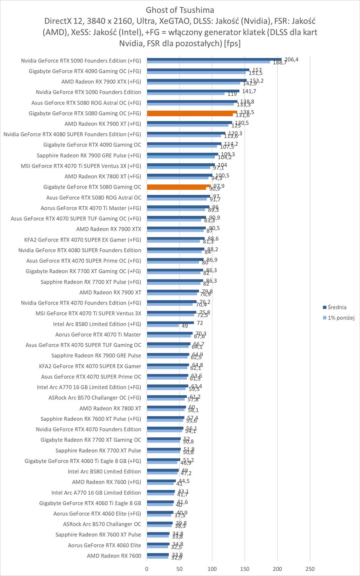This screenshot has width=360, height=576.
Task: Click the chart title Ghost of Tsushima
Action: [180, 10]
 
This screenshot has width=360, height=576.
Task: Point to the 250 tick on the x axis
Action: [310, 569]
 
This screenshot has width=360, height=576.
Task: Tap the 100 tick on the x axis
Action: [212, 569]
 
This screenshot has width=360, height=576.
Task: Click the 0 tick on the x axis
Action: [147, 569]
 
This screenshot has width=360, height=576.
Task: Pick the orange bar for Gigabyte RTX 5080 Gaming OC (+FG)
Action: [192, 113]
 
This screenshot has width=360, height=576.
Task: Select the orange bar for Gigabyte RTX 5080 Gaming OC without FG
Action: [178, 187]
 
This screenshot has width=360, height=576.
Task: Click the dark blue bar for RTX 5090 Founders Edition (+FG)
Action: [214, 60]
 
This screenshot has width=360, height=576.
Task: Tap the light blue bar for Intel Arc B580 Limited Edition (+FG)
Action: [163, 326]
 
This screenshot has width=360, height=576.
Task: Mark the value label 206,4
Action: [291, 59]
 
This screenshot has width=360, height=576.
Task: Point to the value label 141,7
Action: [249, 91]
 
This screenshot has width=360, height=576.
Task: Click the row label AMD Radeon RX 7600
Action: [114, 556]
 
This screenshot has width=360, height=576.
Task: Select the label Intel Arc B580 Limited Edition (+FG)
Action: [97, 324]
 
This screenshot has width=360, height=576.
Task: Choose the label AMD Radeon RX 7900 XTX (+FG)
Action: [101, 82]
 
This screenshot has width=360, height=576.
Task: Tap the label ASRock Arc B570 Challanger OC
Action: [102, 524]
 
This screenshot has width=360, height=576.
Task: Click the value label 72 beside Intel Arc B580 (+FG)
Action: [200, 323]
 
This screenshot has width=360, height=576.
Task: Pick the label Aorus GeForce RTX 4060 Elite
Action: [104, 545]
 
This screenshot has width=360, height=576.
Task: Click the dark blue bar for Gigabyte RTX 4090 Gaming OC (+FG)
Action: [198, 70]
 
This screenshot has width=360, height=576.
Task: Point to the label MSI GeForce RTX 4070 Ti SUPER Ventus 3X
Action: [88, 313]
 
